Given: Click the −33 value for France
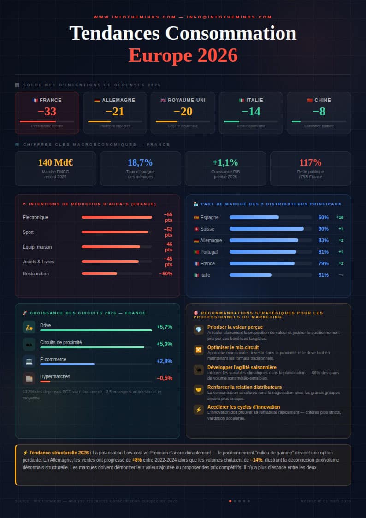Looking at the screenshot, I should [47, 112].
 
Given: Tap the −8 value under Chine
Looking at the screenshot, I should [319, 112].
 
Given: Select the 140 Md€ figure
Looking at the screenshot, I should [56, 162].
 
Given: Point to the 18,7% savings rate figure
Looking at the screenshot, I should [140, 162].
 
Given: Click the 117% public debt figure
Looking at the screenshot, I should [310, 162].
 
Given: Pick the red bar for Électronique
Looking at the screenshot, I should [117, 217].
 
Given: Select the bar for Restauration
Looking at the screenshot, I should [99, 274].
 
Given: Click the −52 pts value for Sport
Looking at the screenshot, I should [168, 232].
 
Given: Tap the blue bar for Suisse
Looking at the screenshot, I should [266, 229].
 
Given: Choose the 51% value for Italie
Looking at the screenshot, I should [323, 275].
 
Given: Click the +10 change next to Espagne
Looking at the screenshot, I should [340, 217].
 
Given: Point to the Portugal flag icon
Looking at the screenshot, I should [196, 252].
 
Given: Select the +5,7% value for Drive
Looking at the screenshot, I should [164, 327].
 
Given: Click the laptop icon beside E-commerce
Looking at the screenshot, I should [29, 361].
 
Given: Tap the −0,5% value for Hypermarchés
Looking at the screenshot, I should [165, 378].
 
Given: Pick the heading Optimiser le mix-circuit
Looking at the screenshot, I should [233, 347].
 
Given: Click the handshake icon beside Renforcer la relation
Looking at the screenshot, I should [199, 390].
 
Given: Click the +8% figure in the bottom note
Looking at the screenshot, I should [137, 460].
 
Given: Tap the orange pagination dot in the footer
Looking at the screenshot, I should [230, 501].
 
